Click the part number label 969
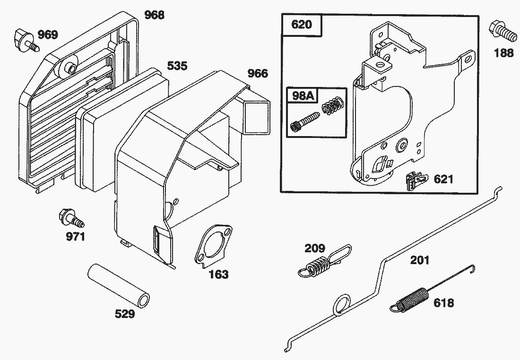48,34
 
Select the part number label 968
154,15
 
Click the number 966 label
258,73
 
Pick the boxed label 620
302,25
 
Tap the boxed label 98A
303,96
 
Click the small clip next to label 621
413,181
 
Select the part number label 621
443,179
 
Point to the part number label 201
420,259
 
